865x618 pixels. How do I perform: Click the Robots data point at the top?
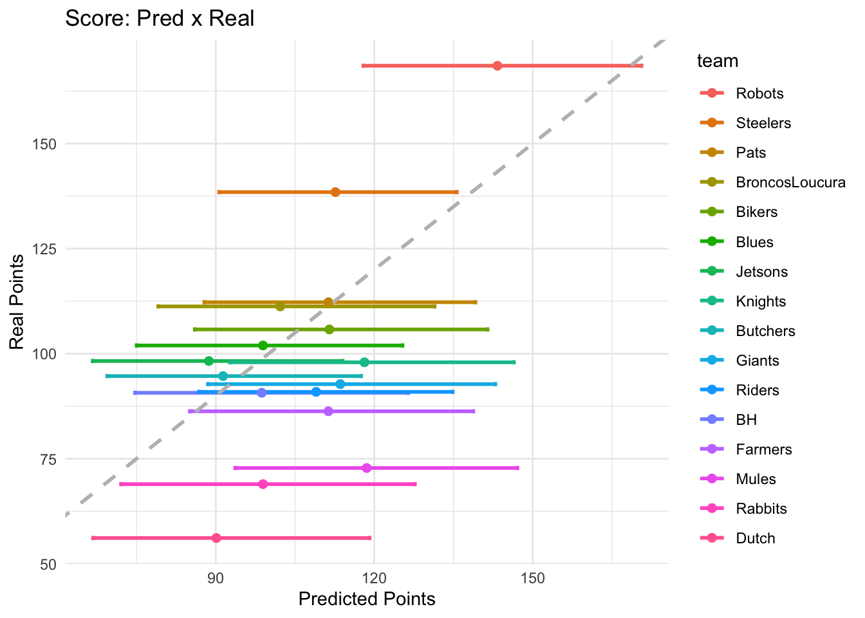coord(497,66)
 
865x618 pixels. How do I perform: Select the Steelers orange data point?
coord(335,192)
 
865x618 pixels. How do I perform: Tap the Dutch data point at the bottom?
coord(216,538)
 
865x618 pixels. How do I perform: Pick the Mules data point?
coord(367,468)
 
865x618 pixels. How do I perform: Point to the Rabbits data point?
coord(263,484)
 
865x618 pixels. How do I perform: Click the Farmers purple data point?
coord(328,411)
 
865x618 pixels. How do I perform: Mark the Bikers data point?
coord(330,330)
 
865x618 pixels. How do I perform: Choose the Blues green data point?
coord(263,346)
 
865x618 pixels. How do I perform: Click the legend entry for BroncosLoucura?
coord(790,182)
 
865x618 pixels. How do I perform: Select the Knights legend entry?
coord(761,301)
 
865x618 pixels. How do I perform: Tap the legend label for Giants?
coord(758,360)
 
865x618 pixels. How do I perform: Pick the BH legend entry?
coord(746,420)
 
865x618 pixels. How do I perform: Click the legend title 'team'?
coord(717,61)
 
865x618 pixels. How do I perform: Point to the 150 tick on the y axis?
coord(44,144)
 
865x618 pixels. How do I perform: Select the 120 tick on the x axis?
coord(374,577)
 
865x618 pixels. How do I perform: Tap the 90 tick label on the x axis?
coord(216,577)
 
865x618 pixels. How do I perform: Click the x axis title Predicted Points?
coord(367,599)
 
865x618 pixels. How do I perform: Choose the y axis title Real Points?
coord(17,301)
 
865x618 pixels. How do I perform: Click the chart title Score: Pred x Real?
coord(160,18)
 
